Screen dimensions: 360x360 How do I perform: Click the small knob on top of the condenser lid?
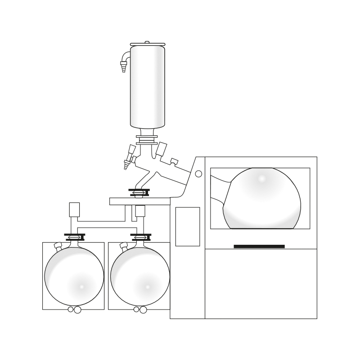point(147,42)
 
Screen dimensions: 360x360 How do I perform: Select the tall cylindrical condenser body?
point(147,85)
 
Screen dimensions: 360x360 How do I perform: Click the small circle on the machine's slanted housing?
point(198,174)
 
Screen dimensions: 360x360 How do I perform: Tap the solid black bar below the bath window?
point(259,246)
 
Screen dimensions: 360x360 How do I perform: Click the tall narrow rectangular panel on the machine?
point(187,226)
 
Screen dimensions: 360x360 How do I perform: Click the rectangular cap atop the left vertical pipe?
point(74,209)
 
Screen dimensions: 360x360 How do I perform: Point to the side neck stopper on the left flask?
point(57,246)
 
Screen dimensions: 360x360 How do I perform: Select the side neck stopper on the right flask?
point(123,246)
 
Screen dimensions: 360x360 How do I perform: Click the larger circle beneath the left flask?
point(77,310)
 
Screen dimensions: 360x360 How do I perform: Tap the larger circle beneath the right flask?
point(143,310)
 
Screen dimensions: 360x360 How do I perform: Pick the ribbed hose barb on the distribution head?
point(126,166)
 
